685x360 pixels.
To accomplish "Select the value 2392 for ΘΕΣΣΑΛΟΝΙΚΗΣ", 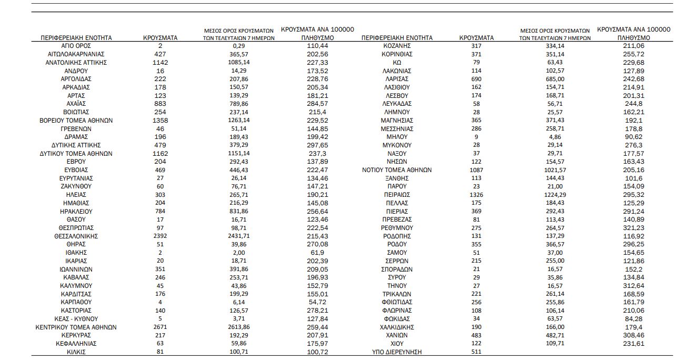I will pos(160,236).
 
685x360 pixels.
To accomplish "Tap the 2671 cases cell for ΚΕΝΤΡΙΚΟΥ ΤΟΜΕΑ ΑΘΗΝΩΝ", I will pos(160,327).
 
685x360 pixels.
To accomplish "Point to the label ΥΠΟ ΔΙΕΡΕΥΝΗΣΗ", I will pos(397,352).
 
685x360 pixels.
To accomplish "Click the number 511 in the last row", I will pos(476,352).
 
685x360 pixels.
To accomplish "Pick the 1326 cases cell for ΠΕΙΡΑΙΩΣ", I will pos(476,195).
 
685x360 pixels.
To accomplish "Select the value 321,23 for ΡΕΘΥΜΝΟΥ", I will pos(634,228).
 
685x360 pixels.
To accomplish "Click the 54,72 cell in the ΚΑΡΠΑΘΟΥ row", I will pos(318,302).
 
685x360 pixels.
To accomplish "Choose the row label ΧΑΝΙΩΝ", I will pos(397,335).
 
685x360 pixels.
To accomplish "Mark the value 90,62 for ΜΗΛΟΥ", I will pos(634,137).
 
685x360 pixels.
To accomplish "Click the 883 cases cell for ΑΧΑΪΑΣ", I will pos(160,104).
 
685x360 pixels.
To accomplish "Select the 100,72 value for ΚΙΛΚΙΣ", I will pos(318,352).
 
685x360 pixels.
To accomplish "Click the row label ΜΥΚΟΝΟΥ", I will pos(397,145).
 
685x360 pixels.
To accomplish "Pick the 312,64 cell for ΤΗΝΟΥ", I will pos(634,286).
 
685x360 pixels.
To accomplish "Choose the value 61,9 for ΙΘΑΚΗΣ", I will pos(318,253).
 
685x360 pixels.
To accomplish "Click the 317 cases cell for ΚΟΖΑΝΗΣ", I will pos(476,46).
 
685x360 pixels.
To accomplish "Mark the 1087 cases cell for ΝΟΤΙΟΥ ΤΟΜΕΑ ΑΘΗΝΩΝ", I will pos(476,170).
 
